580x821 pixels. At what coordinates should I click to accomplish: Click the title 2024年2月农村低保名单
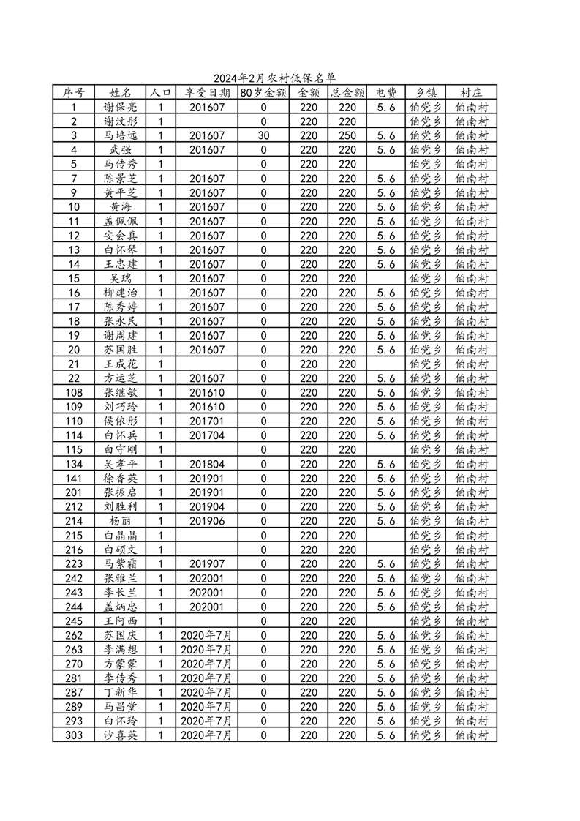[x=274, y=78]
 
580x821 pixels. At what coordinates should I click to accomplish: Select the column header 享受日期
[x=207, y=93]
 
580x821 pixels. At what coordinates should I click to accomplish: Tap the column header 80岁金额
[x=263, y=93]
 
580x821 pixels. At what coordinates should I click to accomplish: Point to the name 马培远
[x=121, y=135]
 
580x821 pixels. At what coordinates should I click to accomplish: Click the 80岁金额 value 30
[x=263, y=135]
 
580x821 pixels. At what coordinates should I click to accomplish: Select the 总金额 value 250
[x=347, y=135]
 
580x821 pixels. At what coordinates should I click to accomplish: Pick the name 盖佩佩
[x=121, y=221]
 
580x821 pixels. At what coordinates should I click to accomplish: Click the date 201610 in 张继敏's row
[x=207, y=393]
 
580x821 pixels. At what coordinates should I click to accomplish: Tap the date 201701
[x=207, y=421]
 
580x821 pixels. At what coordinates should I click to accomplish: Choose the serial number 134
[x=74, y=464]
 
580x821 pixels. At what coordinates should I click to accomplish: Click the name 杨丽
[x=121, y=521]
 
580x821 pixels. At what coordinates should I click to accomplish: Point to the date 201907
[x=207, y=564]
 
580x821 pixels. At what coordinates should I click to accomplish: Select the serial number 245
[x=74, y=621]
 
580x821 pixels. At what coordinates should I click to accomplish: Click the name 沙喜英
[x=121, y=735]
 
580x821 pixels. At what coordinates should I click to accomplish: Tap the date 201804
[x=207, y=464]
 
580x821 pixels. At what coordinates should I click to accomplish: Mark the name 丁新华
[x=121, y=692]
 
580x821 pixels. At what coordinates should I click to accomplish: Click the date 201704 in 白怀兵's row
[x=207, y=435]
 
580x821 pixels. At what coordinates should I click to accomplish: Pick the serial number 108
[x=74, y=393]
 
